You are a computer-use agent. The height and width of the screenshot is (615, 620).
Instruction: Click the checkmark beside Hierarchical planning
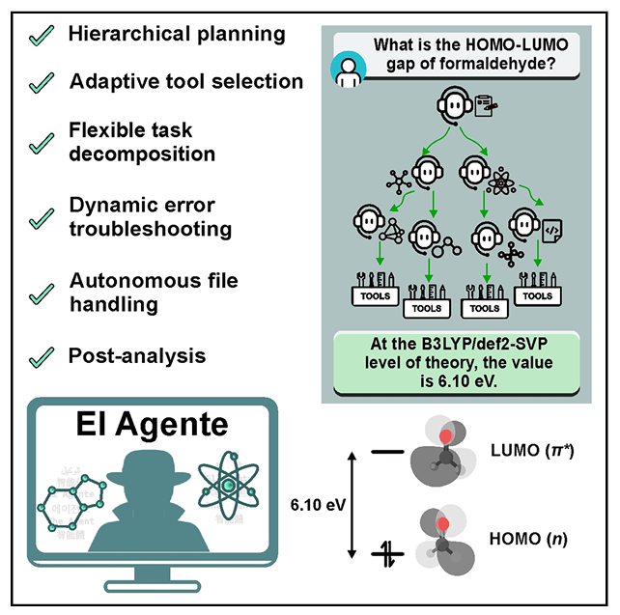(x=40, y=36)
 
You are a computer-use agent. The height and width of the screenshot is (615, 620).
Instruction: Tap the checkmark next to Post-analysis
(x=40, y=356)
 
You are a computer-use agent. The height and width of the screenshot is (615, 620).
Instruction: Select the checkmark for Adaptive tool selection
(x=40, y=83)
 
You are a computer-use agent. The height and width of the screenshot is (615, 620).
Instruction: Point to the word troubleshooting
(x=151, y=229)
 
